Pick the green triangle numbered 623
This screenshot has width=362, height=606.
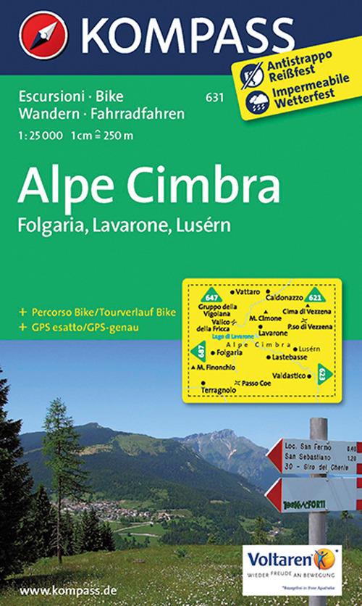pyautogui.click(x=322, y=373)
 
